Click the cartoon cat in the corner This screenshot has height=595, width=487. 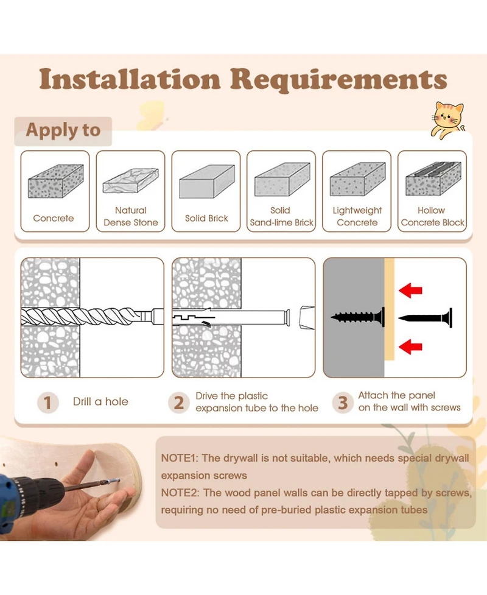tap(447, 119)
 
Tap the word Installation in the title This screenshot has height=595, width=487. tap(130, 79)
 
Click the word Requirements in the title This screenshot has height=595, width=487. tap(338, 80)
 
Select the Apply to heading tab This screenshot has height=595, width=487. tap(63, 131)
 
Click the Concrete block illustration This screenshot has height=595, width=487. tap(56, 181)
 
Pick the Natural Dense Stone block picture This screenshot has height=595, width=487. tap(131, 180)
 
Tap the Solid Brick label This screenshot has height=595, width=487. tap(207, 218)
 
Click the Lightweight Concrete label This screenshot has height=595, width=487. tap(357, 216)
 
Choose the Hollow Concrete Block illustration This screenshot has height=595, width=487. tap(433, 178)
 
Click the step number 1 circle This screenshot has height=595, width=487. tap(48, 403)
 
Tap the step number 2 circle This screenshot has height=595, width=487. tap(178, 403)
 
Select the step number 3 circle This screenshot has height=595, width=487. tap(343, 403)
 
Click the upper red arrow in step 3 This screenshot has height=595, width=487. tap(410, 290)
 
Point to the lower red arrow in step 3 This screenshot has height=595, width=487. tap(410, 347)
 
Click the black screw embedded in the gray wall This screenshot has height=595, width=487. tap(358, 317)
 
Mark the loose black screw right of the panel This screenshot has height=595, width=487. tap(425, 318)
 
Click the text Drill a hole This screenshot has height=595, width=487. tap(100, 401)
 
